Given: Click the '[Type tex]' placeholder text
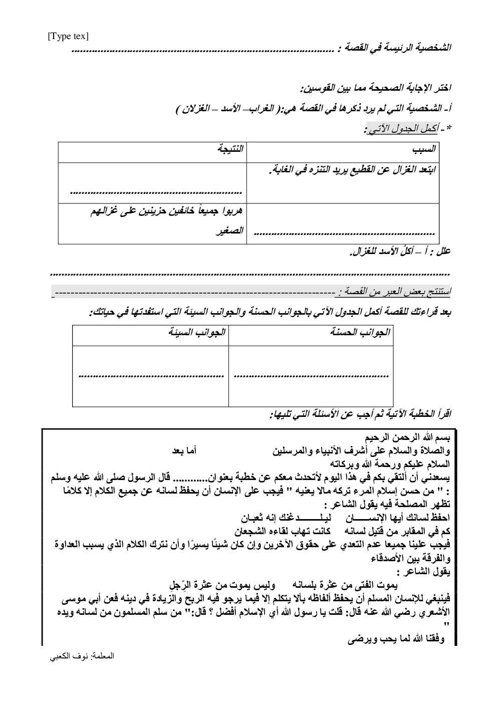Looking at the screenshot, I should point(68,37).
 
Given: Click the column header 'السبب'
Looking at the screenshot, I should point(424,149).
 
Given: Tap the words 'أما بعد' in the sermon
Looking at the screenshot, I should point(185,450).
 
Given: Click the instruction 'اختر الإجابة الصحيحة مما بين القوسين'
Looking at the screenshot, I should point(375,89).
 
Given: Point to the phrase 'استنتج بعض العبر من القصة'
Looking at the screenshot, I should point(395,291).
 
